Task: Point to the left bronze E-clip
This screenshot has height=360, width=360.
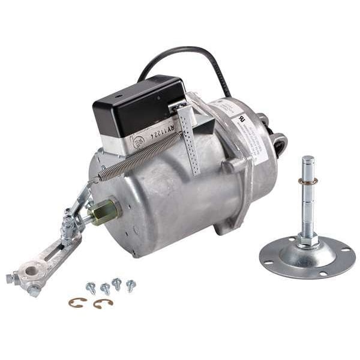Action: tap(77, 302)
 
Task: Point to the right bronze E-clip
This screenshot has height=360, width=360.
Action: tap(103, 304)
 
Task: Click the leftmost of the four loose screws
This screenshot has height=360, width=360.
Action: tap(91, 287)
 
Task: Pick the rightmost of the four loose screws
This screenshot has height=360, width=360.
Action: tap(130, 285)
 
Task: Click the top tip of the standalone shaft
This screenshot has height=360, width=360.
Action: tap(308, 160)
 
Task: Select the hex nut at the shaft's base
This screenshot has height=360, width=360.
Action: tap(307, 241)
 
